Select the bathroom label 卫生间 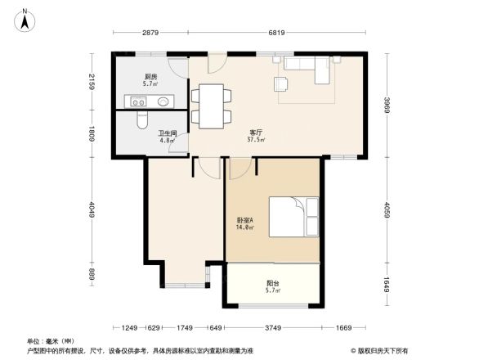click(x=168, y=133)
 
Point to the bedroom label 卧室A click(x=244, y=219)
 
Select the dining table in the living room click(x=211, y=105)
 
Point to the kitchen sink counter click(x=148, y=101)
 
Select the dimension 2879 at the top click(x=150, y=33)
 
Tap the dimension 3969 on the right click(x=388, y=106)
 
